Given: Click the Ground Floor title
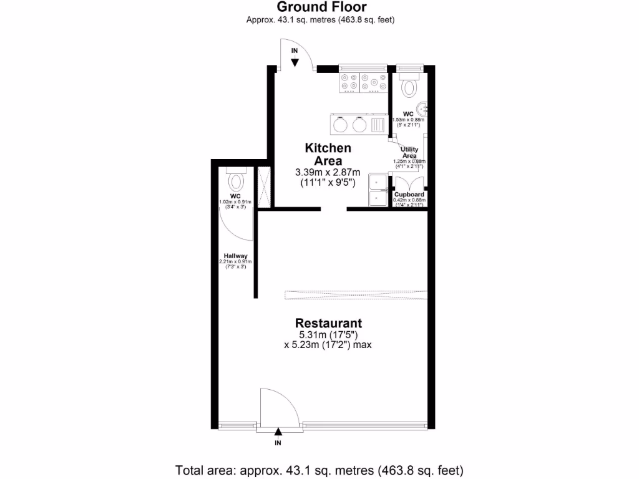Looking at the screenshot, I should coord(321,7).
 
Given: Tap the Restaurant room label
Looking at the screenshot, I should coord(328,323).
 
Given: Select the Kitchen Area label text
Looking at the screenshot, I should coord(328,154).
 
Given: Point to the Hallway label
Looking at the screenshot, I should coord(236,256).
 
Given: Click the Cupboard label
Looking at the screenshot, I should coord(409,195).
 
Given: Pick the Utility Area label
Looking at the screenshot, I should coord(409,152).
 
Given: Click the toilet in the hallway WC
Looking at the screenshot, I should coord(236,181).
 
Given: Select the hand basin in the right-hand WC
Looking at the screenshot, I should coord(423,109).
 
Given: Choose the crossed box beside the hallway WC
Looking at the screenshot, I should coord(263,187).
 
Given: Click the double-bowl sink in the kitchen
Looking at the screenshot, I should coord(378,190).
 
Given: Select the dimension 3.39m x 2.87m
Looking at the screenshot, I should coord(328,172).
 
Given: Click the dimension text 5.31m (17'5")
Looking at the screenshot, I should coord(328,334).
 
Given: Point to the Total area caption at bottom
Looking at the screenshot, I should coord(319,470).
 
